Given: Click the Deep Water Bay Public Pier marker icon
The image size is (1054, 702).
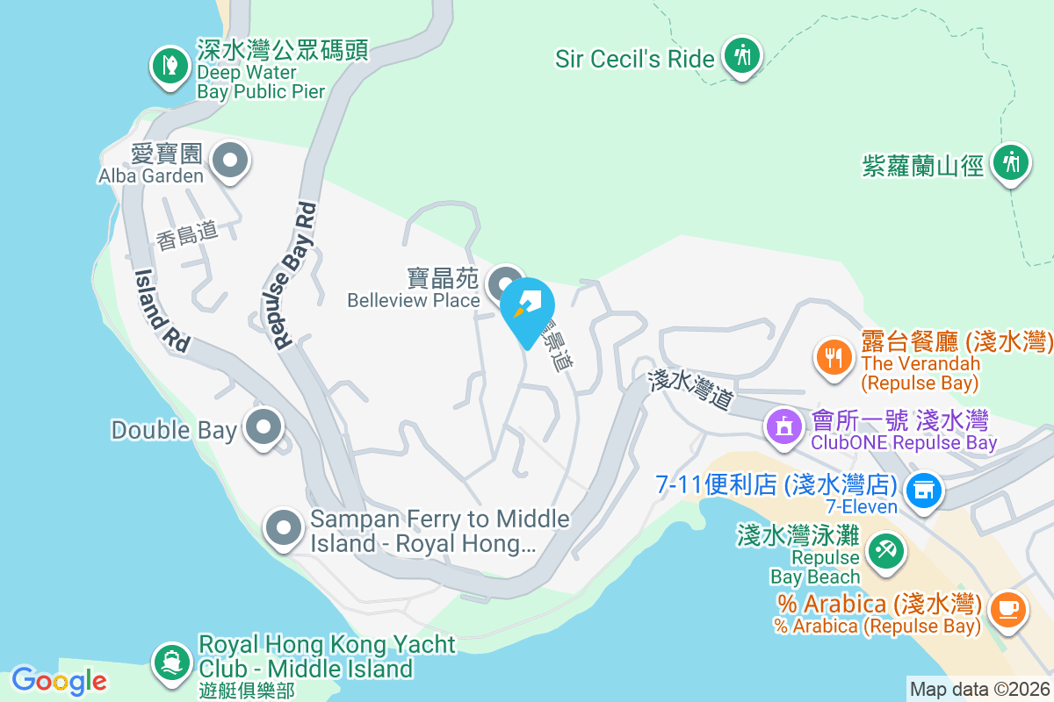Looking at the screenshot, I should (x=168, y=64).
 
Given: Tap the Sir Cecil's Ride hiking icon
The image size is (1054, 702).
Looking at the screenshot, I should (x=742, y=55).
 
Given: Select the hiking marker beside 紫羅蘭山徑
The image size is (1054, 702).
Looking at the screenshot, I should (x=1011, y=162).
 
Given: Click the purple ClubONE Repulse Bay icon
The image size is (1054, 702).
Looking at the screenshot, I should (x=783, y=427).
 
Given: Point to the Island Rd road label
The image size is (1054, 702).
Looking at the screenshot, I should (x=162, y=310).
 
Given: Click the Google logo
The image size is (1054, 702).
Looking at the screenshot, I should (x=59, y=680).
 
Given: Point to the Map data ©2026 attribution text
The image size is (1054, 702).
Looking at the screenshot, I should (x=979, y=689).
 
